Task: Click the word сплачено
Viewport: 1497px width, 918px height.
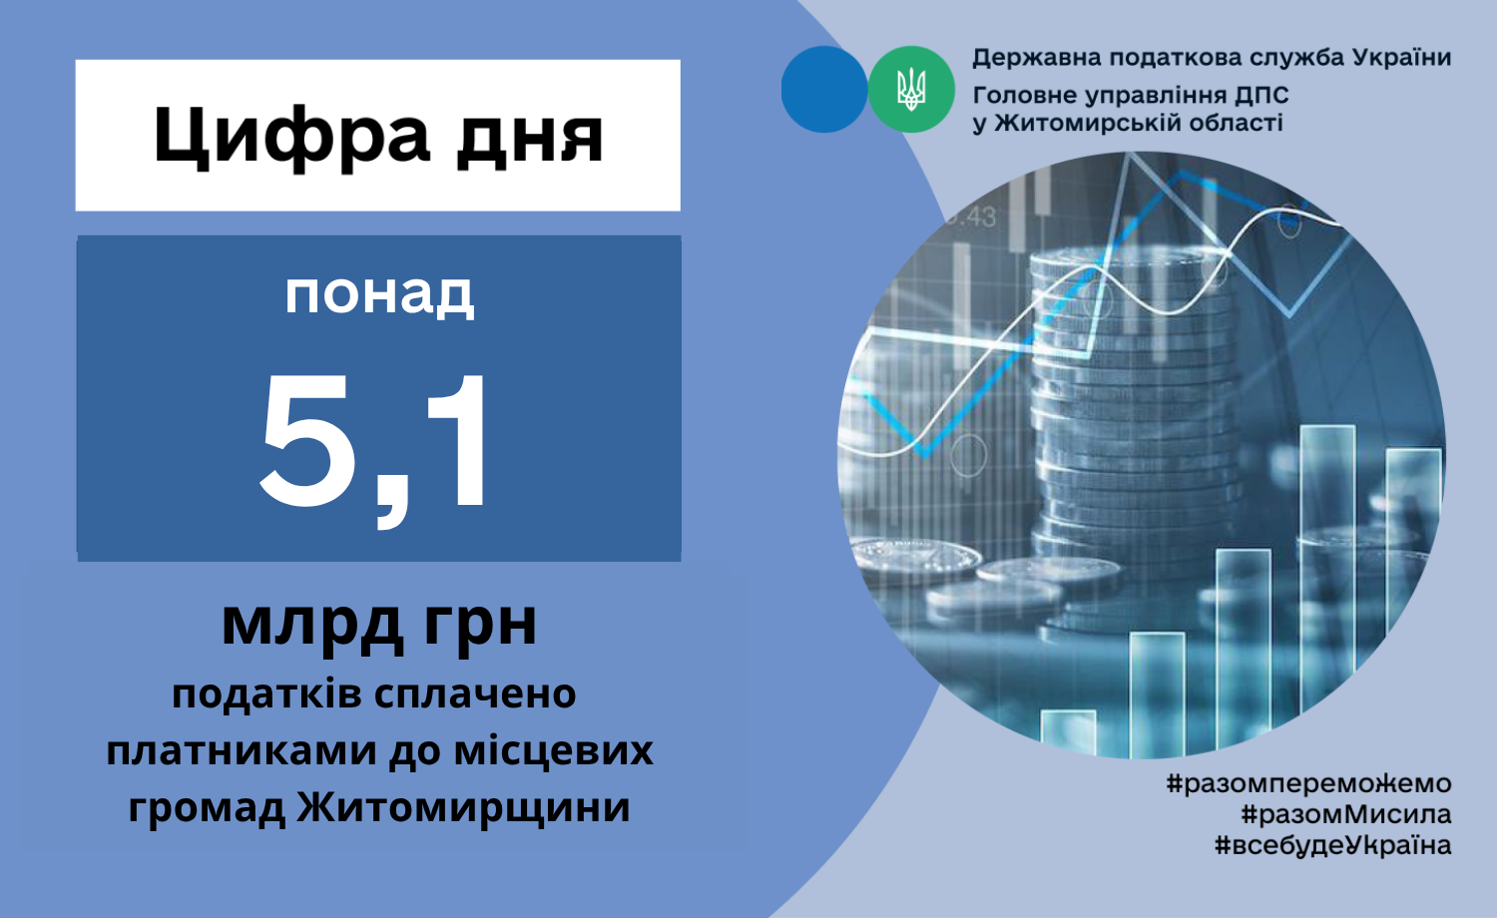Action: (475, 694)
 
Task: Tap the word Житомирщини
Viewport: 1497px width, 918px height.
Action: (463, 807)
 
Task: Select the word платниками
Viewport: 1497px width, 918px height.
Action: (242, 750)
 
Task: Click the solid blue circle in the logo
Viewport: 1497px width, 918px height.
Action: (824, 89)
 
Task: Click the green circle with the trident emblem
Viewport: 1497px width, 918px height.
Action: (911, 89)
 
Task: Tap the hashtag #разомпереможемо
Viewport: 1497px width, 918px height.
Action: (1308, 783)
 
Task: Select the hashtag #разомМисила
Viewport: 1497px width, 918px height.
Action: (1346, 814)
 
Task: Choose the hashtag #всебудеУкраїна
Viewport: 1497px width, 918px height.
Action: (1332, 845)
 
